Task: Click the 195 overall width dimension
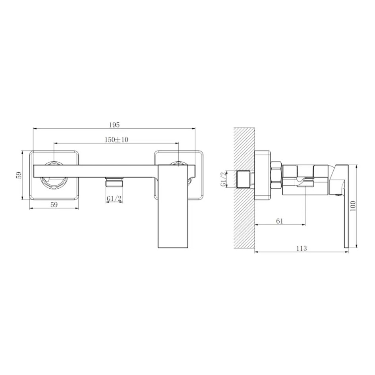coord(114,125)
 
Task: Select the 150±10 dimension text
coord(116,140)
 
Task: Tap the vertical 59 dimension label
coord(19,175)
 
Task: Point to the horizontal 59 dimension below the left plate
coord(54,205)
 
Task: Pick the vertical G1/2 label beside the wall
coord(223,180)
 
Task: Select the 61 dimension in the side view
coord(280,221)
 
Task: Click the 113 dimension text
coord(302,249)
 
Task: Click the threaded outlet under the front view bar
coord(114,182)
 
